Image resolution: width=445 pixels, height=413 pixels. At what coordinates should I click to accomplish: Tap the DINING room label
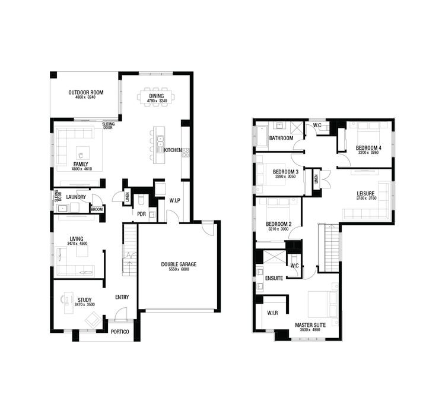coord(157,96)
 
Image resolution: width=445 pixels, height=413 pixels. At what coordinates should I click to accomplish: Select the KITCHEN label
coord(173,150)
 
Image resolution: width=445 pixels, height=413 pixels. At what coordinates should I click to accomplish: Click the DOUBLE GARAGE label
coord(179,264)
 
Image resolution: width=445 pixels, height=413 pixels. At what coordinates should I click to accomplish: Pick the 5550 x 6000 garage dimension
coord(179,270)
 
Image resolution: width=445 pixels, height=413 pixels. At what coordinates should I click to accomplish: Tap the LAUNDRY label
coord(76,197)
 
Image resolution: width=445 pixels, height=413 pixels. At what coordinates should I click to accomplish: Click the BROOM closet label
coord(97,209)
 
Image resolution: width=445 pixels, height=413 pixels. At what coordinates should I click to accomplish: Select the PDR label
coord(141,214)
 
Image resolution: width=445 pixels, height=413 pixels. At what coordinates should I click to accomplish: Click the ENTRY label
coord(122,297)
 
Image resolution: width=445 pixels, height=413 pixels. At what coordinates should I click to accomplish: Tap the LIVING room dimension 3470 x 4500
coord(77,244)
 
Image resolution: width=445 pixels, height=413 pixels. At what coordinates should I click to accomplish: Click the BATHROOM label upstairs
coord(281,138)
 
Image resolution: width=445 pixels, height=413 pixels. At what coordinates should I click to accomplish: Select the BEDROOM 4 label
coord(368,147)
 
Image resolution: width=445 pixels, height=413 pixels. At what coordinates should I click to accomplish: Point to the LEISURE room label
coord(365,193)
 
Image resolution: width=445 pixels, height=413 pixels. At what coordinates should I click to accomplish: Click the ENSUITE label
coord(274,278)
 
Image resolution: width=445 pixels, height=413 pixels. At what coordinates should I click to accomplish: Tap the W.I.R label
coord(273,313)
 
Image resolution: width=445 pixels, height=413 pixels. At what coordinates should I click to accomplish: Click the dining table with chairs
coord(157,97)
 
